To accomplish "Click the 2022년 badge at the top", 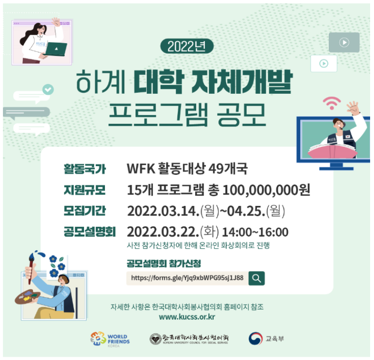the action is click(187, 46).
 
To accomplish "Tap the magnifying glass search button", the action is click(256, 278).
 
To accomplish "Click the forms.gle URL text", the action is click(187, 278).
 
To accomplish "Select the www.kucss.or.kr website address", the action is click(187, 317).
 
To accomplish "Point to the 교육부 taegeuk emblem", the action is click(255, 339).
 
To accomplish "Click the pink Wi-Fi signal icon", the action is click(332, 103).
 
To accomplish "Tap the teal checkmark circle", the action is click(48, 89).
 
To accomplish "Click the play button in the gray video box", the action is click(344, 43).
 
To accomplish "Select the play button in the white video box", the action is click(323, 64).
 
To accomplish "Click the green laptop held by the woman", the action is click(56, 49).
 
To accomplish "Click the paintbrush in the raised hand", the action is click(31, 267).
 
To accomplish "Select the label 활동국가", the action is click(85, 169).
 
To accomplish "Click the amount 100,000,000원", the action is click(266, 190).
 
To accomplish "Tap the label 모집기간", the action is click(85, 211).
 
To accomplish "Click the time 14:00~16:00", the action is click(255, 232).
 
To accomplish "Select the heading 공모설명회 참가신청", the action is click(164, 263).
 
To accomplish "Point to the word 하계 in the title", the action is click(101, 82).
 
